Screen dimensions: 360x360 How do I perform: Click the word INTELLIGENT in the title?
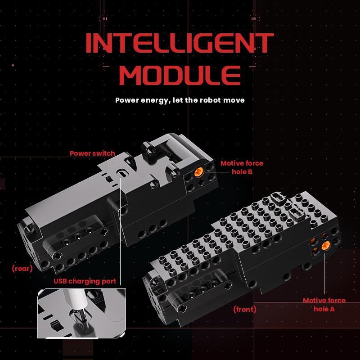(x=180, y=43)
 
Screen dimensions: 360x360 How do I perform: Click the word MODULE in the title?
(x=180, y=75)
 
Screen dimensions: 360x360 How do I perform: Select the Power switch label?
(x=92, y=153)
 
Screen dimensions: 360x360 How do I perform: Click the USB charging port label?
(x=85, y=281)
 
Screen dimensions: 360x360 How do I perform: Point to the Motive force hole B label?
(x=242, y=167)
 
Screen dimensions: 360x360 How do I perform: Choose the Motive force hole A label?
(x=324, y=305)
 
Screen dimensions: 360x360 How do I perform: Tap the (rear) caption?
(x=22, y=268)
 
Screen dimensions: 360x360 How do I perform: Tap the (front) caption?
(x=244, y=309)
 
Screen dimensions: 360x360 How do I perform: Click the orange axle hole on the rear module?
(x=199, y=172)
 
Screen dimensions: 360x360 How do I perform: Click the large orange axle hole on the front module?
(x=325, y=246)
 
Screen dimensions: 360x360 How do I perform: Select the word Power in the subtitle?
(x=127, y=100)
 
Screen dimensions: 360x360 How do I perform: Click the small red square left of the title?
(x=13, y=65)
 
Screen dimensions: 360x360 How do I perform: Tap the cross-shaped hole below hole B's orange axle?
(x=201, y=183)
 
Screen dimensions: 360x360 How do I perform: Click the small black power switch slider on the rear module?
(x=108, y=179)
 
